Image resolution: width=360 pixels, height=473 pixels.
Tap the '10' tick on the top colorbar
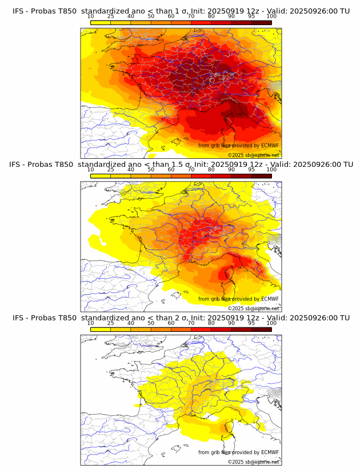tap(91, 16)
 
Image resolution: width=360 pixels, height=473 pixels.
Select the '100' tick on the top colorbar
tap(271, 16)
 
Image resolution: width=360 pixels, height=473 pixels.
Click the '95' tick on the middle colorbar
tap(251, 170)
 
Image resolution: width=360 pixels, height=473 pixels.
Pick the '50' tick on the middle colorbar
tap(151, 170)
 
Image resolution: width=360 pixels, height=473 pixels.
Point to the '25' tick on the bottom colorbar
tap(110, 323)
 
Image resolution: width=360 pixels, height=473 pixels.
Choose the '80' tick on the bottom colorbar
tap(211, 323)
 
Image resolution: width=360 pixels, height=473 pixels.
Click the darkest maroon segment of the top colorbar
tap(261, 22)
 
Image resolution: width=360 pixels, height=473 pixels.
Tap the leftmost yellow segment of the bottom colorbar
tap(101, 330)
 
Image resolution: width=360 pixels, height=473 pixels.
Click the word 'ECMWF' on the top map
tap(270, 146)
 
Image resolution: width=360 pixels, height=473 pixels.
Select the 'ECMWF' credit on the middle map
tap(270, 299)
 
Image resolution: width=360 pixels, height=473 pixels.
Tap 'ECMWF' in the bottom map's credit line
tap(270, 452)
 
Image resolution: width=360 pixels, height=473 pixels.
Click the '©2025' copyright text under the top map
tap(235, 155)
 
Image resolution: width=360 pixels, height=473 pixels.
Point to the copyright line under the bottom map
tap(253, 462)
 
